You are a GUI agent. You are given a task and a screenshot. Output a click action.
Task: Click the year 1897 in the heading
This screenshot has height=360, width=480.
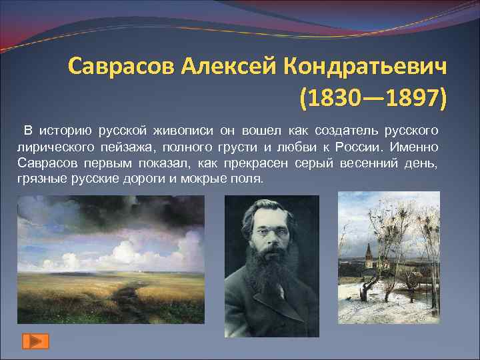click(409, 99)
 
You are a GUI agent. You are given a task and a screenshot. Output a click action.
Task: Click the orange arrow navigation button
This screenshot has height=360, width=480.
click(34, 341)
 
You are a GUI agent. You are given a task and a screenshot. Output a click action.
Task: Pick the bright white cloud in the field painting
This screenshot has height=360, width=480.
click(133, 250)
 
